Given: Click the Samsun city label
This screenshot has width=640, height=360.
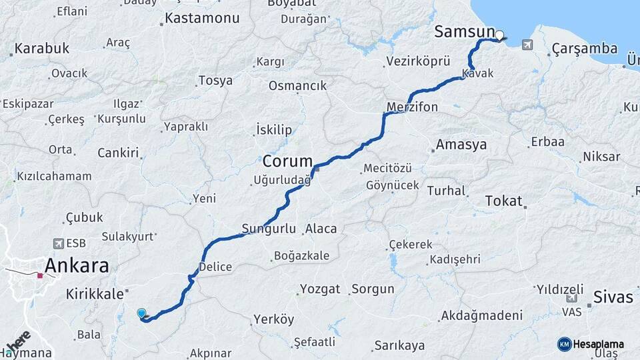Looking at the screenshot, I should point(464,31).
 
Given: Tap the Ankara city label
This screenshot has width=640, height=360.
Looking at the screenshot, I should point(77,265).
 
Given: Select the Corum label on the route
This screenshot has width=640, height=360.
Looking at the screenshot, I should point(287,161).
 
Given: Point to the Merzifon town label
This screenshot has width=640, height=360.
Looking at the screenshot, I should point(412,107).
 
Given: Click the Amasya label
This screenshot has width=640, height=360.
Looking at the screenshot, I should point(461,144).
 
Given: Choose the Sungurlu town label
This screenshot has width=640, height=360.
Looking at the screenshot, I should point(269,229).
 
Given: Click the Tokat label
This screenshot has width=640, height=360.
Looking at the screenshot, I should point(503,200).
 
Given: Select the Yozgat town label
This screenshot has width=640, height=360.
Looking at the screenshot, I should point(320,289).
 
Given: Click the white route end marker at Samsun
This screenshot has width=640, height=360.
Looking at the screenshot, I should point(499,35).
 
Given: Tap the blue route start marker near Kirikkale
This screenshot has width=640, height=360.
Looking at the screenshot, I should point(141,313).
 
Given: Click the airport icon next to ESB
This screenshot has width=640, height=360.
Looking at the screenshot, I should point(59,244).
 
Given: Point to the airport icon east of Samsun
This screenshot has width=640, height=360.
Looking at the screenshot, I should point(528,45).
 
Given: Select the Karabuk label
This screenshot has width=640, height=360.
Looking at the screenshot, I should point(41,48).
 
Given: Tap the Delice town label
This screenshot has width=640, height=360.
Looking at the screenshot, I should point(216,267).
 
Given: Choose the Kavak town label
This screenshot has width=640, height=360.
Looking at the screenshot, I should point(477,73).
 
